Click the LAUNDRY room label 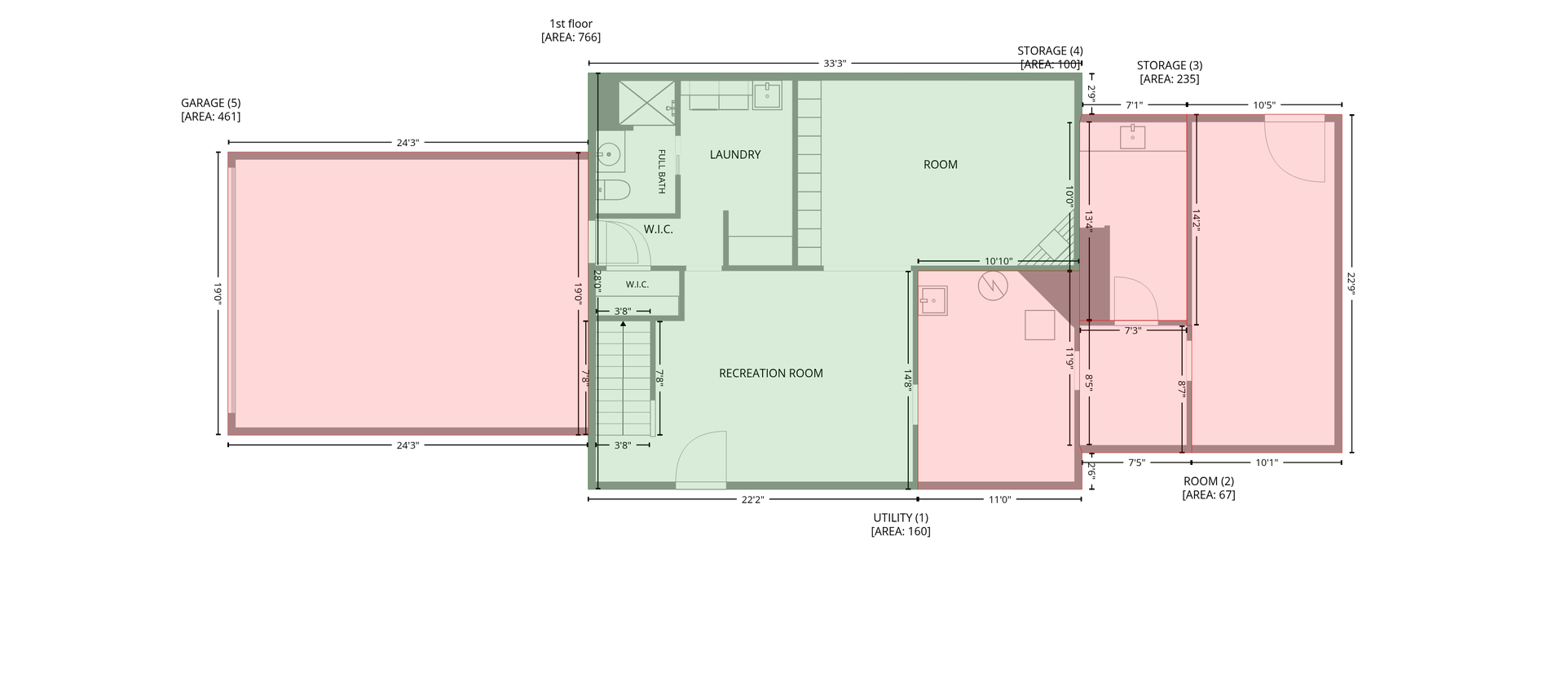(735, 155)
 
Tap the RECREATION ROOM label (771, 374)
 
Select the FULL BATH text (661, 171)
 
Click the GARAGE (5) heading (210, 104)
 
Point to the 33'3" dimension (835, 64)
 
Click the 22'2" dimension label (752, 500)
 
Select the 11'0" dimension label (999, 500)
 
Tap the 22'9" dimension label (1351, 284)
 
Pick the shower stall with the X (647, 104)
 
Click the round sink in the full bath (608, 153)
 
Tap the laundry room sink (766, 95)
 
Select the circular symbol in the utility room (993, 286)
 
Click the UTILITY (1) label (901, 518)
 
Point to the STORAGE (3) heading (1170, 66)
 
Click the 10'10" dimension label (999, 262)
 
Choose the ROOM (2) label (1209, 481)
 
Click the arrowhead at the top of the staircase (624, 324)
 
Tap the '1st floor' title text (571, 24)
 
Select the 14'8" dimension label (907, 380)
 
